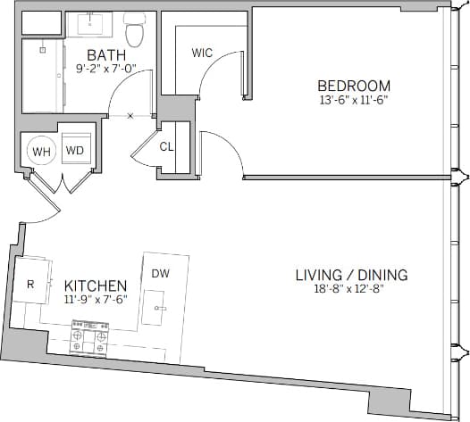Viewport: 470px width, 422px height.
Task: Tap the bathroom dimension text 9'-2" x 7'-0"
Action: point(106,69)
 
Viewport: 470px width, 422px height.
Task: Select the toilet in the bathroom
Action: point(135,31)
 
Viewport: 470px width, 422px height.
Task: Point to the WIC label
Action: point(202,53)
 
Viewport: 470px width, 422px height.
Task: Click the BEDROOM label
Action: point(354,86)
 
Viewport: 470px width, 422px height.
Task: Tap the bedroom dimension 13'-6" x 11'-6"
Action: point(354,100)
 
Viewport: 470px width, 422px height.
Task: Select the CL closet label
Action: point(166,146)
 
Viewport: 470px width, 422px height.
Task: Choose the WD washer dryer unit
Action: point(74,151)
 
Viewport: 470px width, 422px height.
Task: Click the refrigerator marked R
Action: point(30,285)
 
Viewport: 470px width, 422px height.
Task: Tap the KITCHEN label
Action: point(96,285)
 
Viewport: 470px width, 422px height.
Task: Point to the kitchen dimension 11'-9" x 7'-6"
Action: point(96,299)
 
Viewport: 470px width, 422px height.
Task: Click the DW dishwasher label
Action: point(161,273)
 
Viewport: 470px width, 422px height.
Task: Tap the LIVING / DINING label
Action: point(351,275)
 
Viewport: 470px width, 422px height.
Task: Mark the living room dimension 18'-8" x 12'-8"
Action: point(351,289)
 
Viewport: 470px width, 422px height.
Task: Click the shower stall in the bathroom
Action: point(41,75)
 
